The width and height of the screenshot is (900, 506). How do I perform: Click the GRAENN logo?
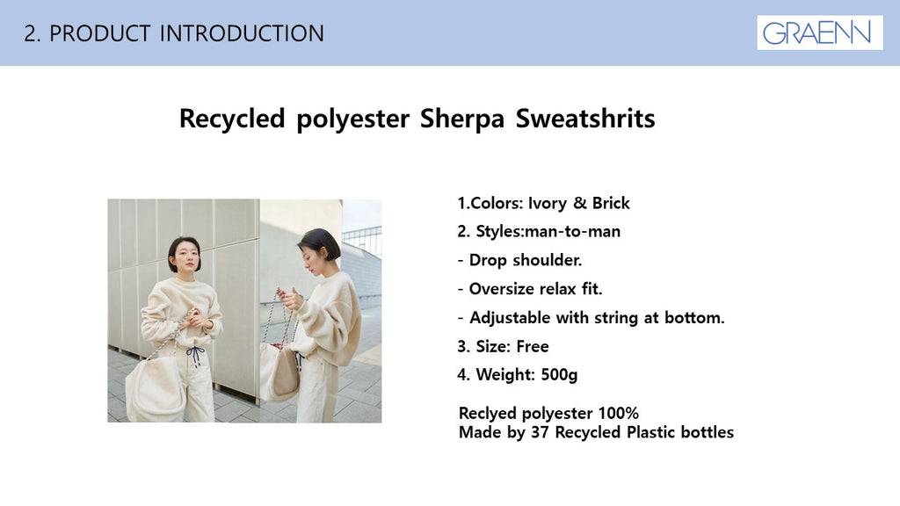coord(819,33)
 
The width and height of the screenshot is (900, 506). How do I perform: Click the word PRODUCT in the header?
coord(100,33)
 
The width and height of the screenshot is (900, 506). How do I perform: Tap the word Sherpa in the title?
coord(462,119)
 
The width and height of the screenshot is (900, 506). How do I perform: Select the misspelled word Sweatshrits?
coord(584,119)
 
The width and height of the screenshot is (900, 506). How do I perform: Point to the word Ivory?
coord(547,203)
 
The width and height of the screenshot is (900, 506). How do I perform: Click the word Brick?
coord(611,203)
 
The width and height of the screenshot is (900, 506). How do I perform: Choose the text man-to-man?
coord(572,232)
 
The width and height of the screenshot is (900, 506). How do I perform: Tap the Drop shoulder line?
coord(520,260)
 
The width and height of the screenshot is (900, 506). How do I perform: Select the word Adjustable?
coord(510,318)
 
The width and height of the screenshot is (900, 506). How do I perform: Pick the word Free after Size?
coord(532,346)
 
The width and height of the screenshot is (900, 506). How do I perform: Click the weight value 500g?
coord(559,375)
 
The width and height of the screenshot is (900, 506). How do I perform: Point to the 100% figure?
coord(618,413)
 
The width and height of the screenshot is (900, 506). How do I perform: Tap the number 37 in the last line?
coord(541,432)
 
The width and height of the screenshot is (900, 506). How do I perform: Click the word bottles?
coord(708,432)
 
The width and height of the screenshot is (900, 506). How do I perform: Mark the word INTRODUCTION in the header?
coord(242,33)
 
